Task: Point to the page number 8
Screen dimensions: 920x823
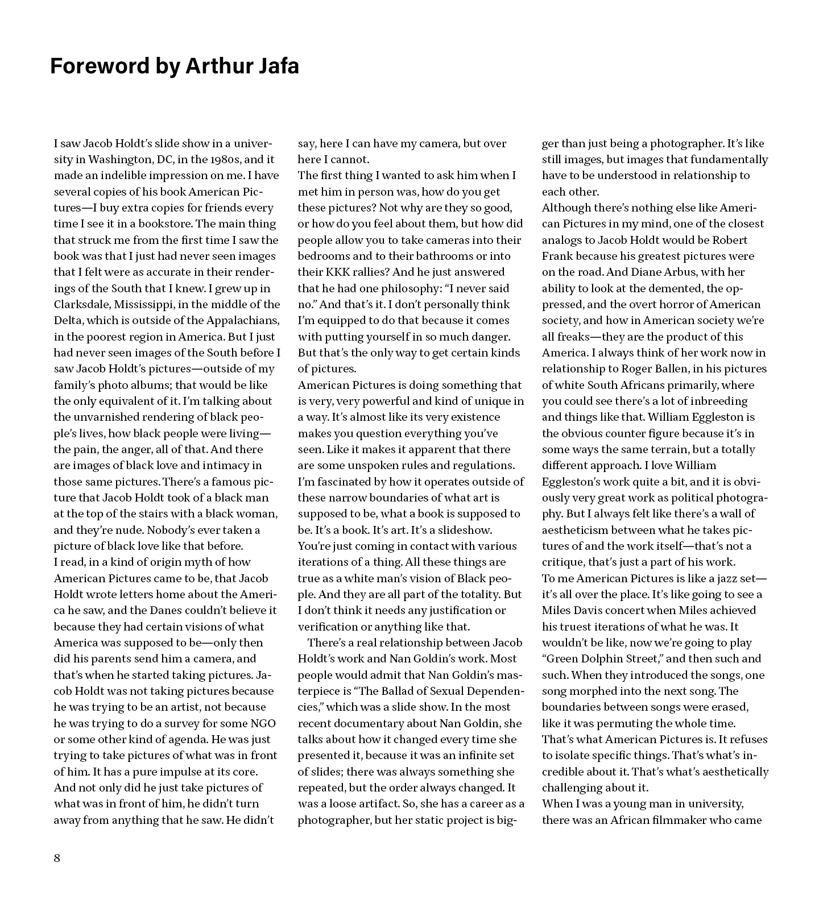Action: coord(57,858)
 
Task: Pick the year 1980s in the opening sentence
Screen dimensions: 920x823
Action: coord(222,159)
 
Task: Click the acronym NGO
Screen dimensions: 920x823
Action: coord(263,723)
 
